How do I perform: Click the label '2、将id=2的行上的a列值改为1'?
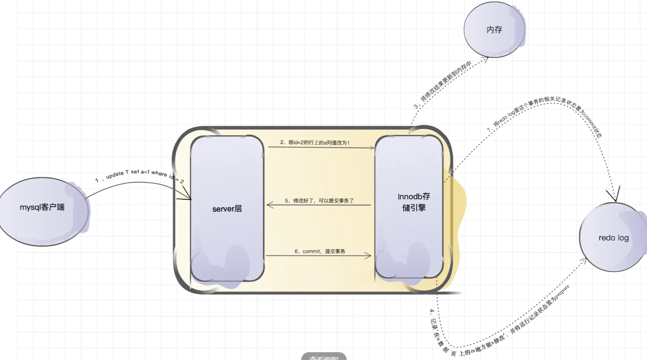pos(315,143)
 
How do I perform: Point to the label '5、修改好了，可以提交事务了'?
pos(319,201)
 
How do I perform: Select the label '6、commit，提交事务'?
pos(320,251)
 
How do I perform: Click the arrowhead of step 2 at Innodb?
pos(371,148)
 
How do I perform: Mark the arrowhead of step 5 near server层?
pos(269,205)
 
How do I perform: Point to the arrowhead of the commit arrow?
pos(368,255)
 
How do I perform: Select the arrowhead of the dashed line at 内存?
pos(486,59)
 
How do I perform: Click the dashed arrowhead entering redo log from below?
pos(584,261)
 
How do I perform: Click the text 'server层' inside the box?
pos(227,209)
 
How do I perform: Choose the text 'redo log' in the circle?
pos(613,238)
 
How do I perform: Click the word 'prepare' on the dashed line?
pos(563,292)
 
